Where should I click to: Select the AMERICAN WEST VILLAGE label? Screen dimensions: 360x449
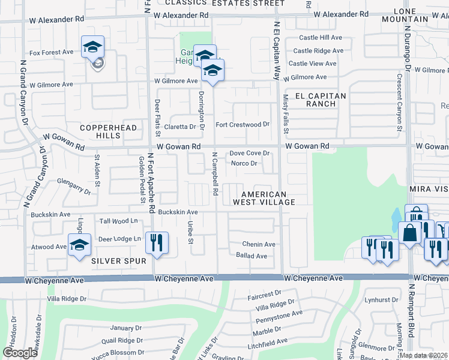point(268,198)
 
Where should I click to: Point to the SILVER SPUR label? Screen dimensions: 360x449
point(119,261)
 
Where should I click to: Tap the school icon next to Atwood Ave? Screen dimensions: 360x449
point(79,245)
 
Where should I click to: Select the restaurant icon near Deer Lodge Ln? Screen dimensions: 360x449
point(157,242)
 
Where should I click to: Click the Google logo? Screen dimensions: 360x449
point(20,353)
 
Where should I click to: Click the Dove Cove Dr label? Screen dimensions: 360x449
point(250,154)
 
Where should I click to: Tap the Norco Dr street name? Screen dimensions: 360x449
point(244,163)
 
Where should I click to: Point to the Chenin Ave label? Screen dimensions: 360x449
point(258,244)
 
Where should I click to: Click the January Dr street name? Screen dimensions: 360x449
point(125,328)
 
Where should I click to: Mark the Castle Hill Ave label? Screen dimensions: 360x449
point(321,37)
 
